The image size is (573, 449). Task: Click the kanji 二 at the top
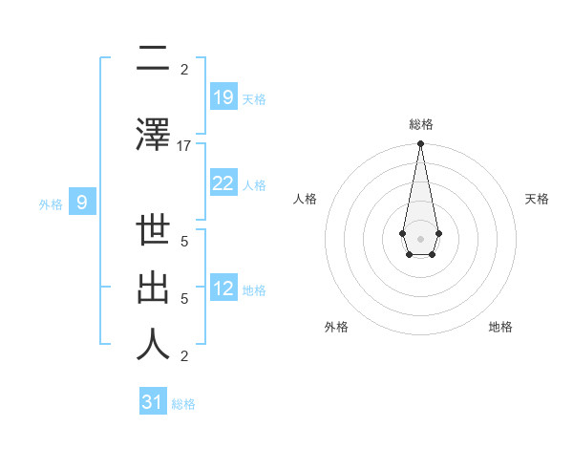point(153,59)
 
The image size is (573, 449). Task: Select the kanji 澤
point(153,135)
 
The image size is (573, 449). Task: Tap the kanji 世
point(153,235)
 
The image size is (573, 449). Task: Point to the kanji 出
point(153,289)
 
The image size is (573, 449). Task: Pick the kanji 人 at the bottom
point(153,345)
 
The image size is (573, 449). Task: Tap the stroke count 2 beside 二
point(184,70)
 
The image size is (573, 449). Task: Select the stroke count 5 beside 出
point(184,299)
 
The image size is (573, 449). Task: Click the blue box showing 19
point(223,96)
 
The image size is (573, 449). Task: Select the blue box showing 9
point(82,202)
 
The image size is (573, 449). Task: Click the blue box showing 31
point(153,402)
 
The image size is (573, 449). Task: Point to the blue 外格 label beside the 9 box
point(51,203)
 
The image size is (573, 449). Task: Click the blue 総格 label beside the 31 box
point(183,404)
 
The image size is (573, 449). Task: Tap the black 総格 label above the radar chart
point(420,125)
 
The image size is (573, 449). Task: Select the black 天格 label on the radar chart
point(537,199)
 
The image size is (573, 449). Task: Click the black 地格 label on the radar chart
point(500,328)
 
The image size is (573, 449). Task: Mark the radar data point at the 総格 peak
point(420,144)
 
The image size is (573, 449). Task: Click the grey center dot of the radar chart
point(420,237)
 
